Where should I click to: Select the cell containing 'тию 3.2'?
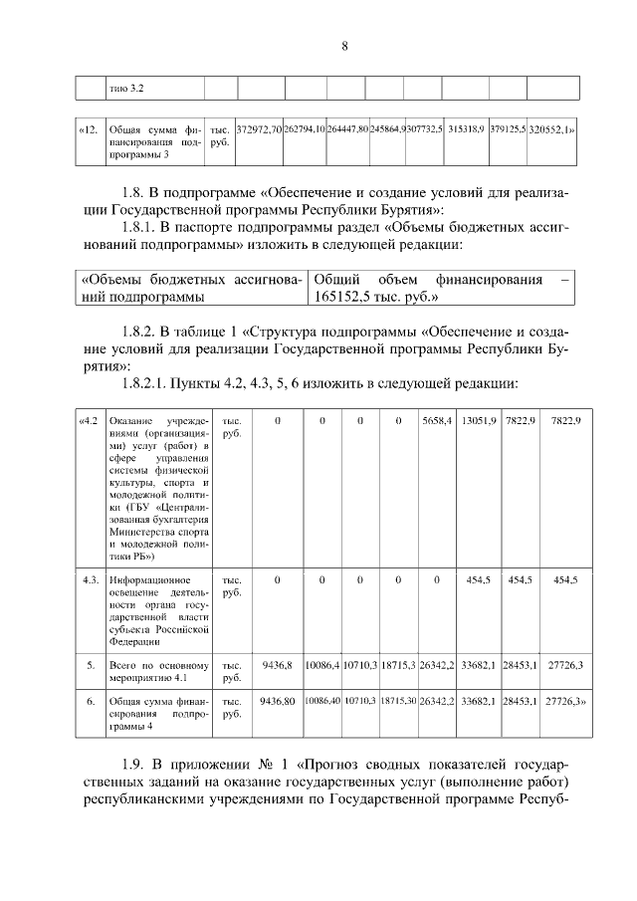(126, 89)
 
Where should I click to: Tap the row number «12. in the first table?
(88, 130)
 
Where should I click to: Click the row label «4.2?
(90, 423)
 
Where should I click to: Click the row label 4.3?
(90, 579)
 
